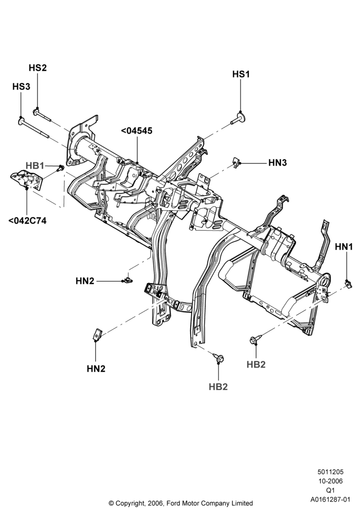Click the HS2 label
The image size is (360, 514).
(38, 68)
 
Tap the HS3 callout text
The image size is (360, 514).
(21, 86)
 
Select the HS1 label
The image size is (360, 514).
(241, 75)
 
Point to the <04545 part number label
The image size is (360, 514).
(137, 131)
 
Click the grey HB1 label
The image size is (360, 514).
(35, 166)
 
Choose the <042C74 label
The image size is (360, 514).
(27, 221)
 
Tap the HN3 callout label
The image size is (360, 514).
(277, 162)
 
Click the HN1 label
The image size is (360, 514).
(344, 247)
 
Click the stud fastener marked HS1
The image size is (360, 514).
(238, 118)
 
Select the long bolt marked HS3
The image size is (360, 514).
(33, 128)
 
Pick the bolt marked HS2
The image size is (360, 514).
(42, 115)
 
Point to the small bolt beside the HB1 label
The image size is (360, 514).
(60, 169)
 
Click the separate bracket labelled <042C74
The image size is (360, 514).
(27, 179)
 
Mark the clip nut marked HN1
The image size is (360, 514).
(349, 284)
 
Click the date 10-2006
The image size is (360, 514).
(330, 481)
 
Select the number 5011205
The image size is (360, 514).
(330, 472)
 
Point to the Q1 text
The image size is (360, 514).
(330, 490)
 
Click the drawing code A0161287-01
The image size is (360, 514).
(330, 500)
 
